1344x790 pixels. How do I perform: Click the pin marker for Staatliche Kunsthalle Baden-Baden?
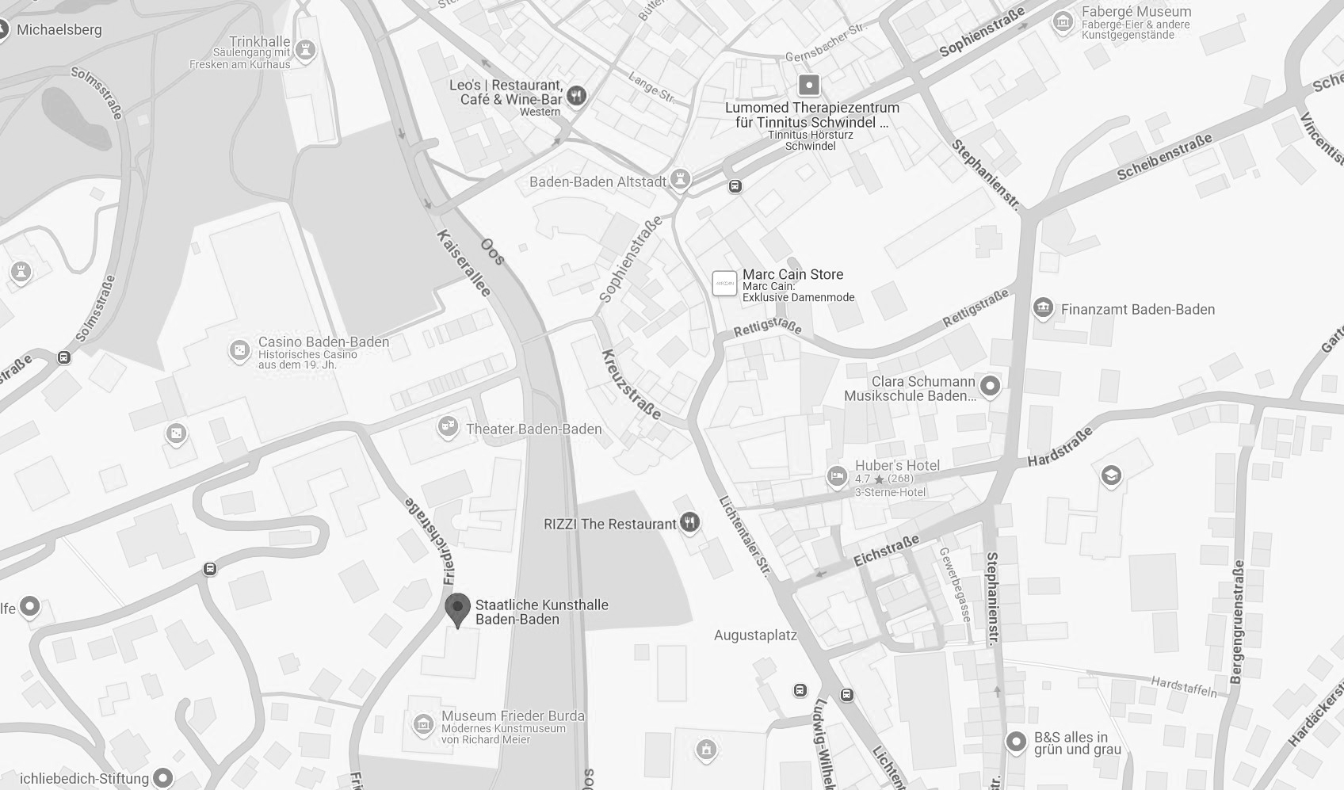click(x=457, y=609)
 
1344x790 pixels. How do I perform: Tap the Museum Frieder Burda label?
click(x=513, y=716)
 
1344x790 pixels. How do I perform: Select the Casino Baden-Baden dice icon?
click(x=239, y=350)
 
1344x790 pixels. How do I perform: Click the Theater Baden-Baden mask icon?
click(x=448, y=428)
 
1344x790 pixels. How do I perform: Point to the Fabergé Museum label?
click(x=1136, y=12)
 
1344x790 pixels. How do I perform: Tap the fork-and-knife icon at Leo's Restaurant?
click(x=577, y=95)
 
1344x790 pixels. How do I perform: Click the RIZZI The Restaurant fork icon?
click(x=691, y=522)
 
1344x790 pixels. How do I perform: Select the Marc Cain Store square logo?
click(x=724, y=283)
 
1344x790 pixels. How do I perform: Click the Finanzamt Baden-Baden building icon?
click(x=1043, y=308)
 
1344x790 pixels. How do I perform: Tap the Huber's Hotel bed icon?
click(x=837, y=476)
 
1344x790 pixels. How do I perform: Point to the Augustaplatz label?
click(x=755, y=635)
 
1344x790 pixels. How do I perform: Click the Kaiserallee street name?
click(x=464, y=263)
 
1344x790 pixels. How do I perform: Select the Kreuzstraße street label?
click(x=631, y=384)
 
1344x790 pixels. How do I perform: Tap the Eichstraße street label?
click(x=886, y=550)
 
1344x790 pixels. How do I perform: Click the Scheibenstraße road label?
click(x=1164, y=156)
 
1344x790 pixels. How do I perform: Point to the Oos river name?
click(x=492, y=251)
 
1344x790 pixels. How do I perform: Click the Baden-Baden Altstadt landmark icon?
click(x=679, y=180)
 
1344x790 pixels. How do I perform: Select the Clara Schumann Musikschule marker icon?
click(x=990, y=386)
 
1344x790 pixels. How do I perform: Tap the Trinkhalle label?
click(x=259, y=41)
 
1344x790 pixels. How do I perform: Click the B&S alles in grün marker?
click(x=1016, y=742)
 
